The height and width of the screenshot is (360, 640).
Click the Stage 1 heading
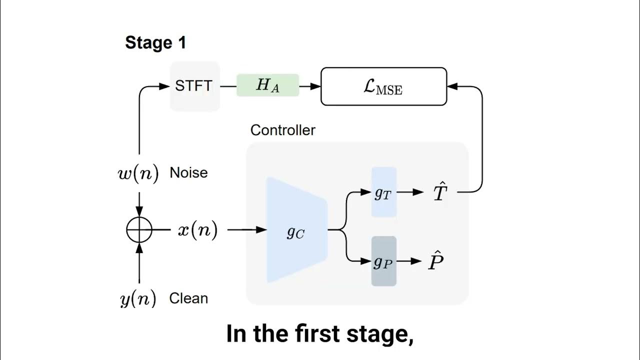pos(155,43)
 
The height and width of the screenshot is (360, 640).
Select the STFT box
pos(194,86)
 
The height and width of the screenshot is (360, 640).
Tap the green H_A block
pos(267,85)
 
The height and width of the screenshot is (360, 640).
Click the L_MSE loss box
pos(383,86)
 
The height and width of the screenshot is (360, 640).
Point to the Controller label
pos(282,130)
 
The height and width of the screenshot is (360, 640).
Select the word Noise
pos(188,173)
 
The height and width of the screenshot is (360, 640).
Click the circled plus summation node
pos(139,230)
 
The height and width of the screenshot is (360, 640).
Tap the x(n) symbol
pos(197,230)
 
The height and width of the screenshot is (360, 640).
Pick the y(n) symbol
pos(138,299)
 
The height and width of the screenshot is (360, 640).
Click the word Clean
pos(188,298)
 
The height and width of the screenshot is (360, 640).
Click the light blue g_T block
pos(383,192)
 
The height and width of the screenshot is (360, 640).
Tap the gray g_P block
pos(383,261)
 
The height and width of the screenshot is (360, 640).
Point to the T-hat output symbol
pos(438,192)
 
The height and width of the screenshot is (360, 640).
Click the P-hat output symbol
pos(435,261)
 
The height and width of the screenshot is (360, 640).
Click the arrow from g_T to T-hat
pos(411,192)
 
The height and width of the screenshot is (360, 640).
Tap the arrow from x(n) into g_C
pos(247,230)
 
